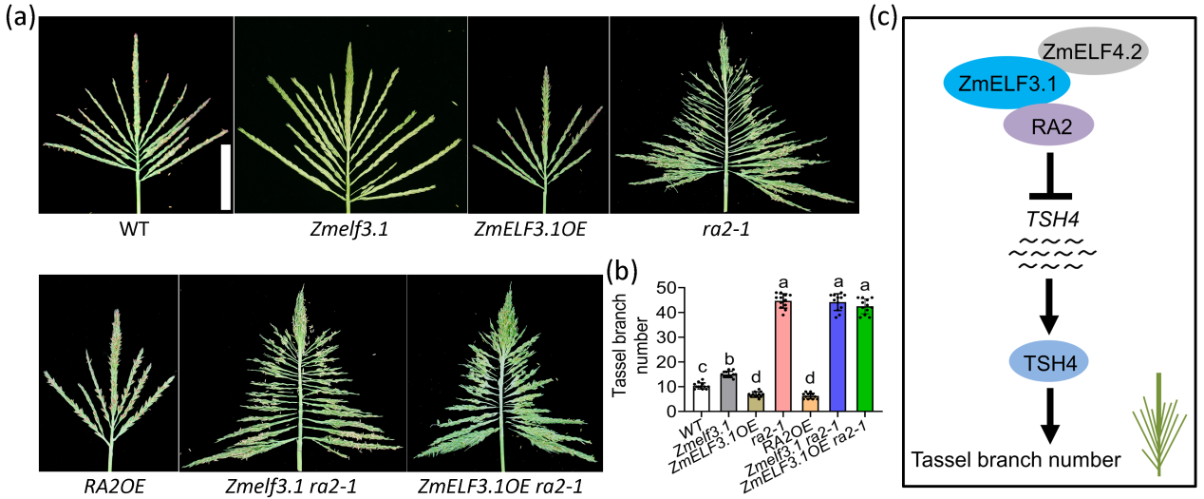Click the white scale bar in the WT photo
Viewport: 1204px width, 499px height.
pos(226,177)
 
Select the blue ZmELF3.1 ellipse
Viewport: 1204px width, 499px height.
pos(1006,85)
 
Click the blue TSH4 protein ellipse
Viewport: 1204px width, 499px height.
pos(1049,363)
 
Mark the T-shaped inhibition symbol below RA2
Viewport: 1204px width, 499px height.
pos(1049,178)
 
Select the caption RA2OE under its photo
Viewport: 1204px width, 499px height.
pos(113,487)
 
